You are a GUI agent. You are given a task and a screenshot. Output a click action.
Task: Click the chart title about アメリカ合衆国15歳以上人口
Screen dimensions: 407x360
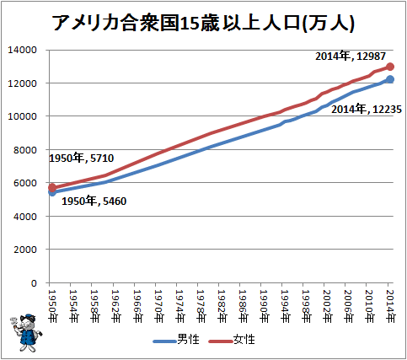click(203, 23)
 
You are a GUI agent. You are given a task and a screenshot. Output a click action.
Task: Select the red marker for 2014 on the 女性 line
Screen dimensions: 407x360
click(390, 67)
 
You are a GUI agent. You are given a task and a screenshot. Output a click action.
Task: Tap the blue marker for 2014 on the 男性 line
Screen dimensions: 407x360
click(390, 79)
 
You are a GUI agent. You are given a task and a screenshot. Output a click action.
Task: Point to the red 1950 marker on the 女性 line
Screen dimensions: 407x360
click(52, 188)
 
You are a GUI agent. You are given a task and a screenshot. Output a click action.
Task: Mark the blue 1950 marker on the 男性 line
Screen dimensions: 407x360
click(52, 192)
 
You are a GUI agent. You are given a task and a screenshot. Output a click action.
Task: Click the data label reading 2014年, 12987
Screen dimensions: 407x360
click(351, 56)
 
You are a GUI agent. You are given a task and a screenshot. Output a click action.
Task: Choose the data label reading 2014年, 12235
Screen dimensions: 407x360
click(367, 109)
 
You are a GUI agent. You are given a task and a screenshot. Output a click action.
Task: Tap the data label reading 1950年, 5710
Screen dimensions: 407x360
click(82, 159)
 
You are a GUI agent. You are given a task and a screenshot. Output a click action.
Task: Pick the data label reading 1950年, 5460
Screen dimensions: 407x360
click(94, 201)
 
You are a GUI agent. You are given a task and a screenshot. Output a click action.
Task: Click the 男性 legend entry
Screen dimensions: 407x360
click(176, 340)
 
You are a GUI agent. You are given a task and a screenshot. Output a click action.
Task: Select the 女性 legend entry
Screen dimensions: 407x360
click(232, 340)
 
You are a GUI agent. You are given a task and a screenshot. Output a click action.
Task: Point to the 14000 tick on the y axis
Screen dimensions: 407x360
click(22, 50)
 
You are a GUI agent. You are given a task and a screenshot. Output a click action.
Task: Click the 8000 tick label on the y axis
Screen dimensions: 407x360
click(25, 150)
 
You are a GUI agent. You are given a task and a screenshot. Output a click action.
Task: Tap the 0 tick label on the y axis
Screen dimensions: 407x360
click(34, 283)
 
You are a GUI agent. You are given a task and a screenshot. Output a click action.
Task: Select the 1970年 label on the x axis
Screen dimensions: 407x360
click(158, 306)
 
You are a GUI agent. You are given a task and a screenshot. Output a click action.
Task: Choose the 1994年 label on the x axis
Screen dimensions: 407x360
click(286, 306)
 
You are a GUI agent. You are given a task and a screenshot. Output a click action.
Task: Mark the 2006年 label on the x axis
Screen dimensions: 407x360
click(349, 306)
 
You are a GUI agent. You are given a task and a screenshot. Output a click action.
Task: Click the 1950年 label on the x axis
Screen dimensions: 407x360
click(53, 306)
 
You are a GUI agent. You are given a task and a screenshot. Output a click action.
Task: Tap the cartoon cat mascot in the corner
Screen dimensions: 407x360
click(26, 333)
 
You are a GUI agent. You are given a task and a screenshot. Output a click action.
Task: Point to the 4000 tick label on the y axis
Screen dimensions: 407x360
click(25, 217)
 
